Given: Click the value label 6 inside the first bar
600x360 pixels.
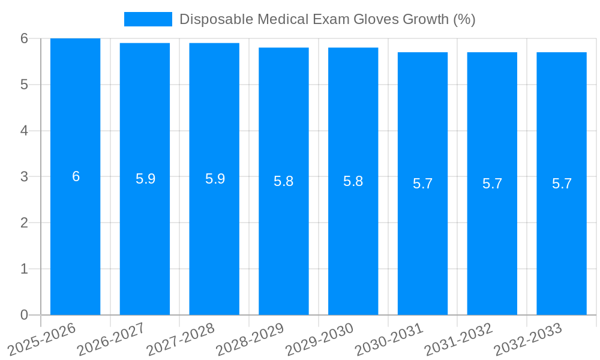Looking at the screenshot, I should pos(76,176).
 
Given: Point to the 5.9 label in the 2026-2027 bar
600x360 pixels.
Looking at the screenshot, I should pos(145,179).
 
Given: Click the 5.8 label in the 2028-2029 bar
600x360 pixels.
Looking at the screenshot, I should pos(283,181).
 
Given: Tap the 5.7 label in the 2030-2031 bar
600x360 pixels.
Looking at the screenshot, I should pos(422,184).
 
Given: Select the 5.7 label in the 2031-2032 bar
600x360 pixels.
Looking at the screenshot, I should pos(492,184).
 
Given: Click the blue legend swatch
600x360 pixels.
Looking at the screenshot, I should pos(148,19).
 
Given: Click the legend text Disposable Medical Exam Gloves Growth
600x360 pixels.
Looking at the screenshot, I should pos(327,19).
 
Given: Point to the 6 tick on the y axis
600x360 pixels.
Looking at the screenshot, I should pos(24,38).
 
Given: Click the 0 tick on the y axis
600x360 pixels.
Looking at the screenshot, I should pos(24,315).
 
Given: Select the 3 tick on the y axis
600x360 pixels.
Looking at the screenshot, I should pos(24,177).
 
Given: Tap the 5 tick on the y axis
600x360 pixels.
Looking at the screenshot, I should pos(24,85).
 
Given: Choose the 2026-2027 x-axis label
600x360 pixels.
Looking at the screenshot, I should pos(112,338).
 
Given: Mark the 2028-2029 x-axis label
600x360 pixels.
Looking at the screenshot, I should pos(251,338).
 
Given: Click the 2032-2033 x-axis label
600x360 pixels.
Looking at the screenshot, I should pos(529,338).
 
